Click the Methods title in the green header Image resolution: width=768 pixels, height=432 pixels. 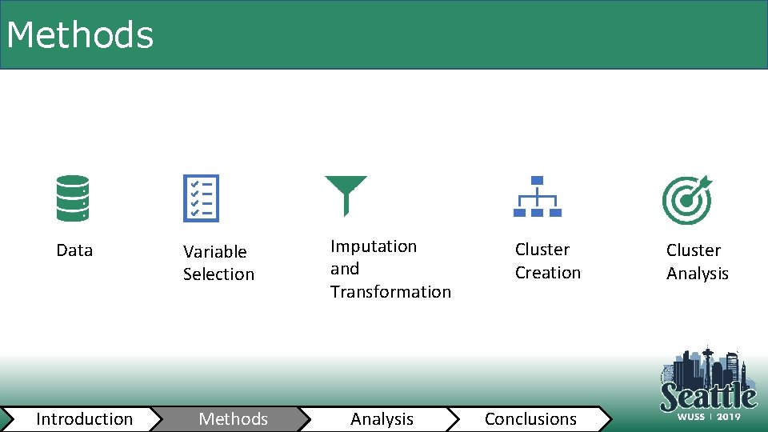tap(79, 35)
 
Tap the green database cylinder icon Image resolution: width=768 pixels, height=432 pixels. tap(73, 198)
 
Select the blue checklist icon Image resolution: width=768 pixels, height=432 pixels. tap(200, 198)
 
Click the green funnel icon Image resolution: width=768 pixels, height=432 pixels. tap(346, 194)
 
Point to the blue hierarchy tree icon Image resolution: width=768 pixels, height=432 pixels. tap(538, 197)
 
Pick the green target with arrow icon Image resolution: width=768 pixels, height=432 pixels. tap(686, 200)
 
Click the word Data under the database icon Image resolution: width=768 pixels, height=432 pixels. tap(74, 250)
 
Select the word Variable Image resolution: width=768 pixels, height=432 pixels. tap(215, 252)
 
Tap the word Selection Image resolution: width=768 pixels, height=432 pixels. tap(218, 274)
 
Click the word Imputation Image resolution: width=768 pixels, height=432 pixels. tap(374, 246)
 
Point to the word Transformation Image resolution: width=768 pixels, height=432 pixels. tap(390, 292)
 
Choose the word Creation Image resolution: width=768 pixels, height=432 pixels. tap(548, 273)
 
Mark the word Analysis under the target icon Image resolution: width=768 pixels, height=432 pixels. tap(698, 274)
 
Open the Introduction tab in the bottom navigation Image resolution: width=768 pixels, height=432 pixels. tap(84, 419)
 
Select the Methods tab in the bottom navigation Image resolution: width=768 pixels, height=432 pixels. tap(234, 419)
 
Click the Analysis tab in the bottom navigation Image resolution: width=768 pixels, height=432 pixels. tap(382, 419)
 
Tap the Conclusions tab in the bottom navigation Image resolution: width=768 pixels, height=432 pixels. tap(530, 419)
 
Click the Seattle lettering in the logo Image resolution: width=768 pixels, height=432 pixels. tap(708, 396)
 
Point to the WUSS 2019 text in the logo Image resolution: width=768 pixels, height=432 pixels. tap(709, 417)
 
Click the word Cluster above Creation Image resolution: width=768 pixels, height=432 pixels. tap(542, 250)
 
